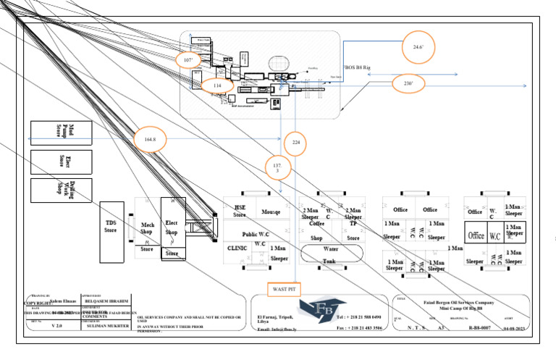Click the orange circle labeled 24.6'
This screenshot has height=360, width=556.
(x=418, y=46)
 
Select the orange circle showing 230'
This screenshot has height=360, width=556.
(x=408, y=84)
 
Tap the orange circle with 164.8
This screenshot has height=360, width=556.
(x=151, y=138)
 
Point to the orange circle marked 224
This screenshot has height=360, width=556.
(x=295, y=143)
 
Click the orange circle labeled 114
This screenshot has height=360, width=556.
(x=217, y=85)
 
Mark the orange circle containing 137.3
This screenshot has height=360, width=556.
(x=278, y=168)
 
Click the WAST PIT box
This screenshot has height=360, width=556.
(x=283, y=289)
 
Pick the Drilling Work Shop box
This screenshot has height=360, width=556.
(x=62, y=191)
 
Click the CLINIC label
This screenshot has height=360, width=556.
(x=237, y=248)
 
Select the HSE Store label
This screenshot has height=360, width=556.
(x=240, y=211)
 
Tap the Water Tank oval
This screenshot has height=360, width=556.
(x=329, y=254)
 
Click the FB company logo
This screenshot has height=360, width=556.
(x=318, y=310)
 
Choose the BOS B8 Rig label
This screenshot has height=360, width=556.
(x=358, y=67)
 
